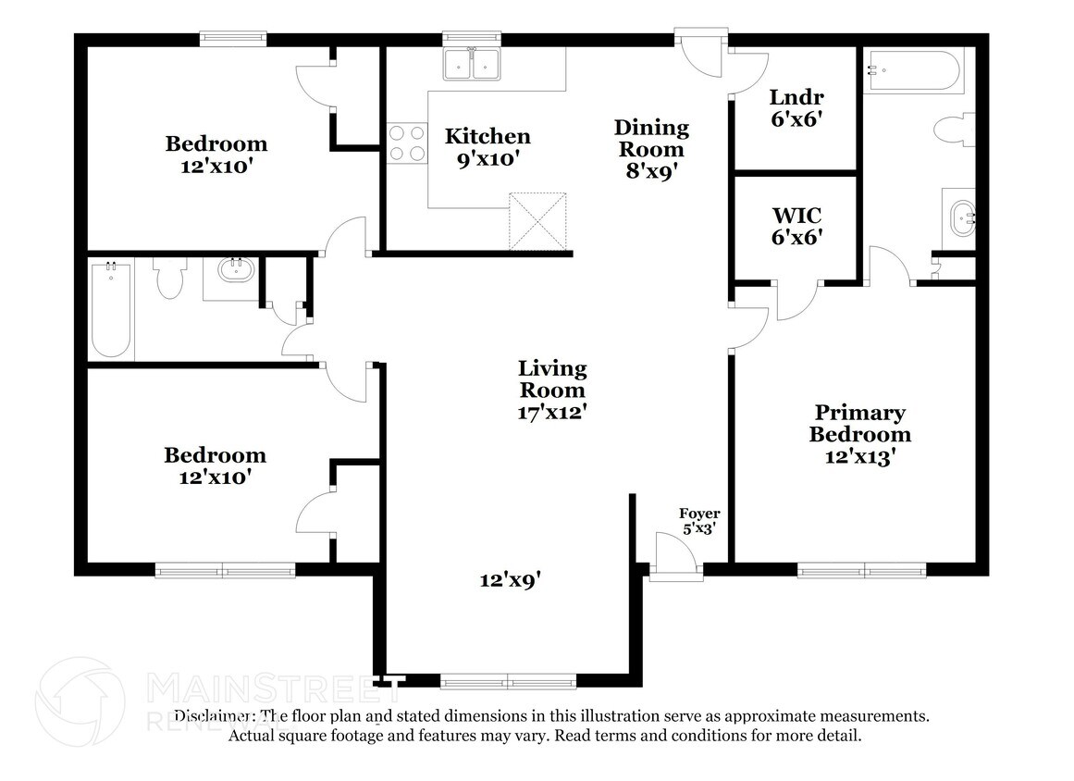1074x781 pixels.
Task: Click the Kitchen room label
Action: click(x=488, y=137)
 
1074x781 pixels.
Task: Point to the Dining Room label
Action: click(x=652, y=138)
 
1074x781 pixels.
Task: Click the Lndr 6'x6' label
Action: click(x=796, y=107)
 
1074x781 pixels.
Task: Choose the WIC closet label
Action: click(x=796, y=225)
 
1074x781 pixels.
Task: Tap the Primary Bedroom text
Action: click(x=859, y=424)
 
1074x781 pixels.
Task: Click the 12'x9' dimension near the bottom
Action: click(x=510, y=580)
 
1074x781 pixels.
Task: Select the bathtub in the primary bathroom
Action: click(x=912, y=70)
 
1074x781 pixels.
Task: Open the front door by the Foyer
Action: click(x=675, y=557)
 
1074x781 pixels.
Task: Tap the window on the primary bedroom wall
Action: click(x=861, y=570)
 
